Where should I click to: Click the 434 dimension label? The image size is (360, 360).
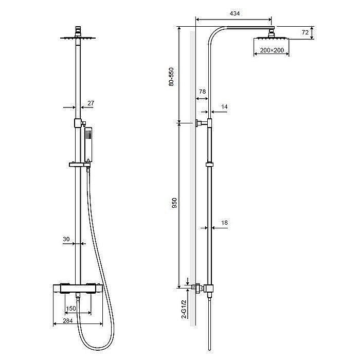click(235, 13)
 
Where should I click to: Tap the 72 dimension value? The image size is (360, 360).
click(305, 32)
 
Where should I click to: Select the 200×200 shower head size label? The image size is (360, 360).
click(272, 50)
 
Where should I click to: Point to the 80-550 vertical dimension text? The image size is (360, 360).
click(171, 77)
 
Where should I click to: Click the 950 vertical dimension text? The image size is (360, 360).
click(174, 203)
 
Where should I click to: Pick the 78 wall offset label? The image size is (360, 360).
click(202, 92)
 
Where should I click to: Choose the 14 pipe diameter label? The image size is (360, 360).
click(224, 107)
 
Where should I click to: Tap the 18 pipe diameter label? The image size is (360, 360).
click(224, 223)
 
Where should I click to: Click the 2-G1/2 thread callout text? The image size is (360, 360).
click(184, 309)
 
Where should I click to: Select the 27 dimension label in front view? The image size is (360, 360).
click(91, 103)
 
